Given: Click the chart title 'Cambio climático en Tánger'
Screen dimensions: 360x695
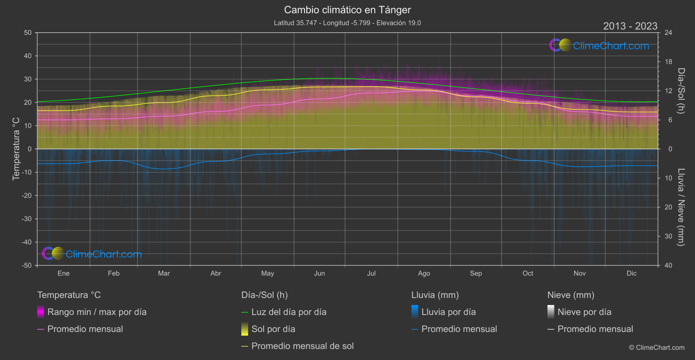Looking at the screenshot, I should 347,10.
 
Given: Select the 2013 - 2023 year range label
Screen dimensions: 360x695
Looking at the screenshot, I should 630,26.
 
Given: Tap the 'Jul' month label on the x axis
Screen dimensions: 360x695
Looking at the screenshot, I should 371,273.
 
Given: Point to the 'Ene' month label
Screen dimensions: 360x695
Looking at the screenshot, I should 64,273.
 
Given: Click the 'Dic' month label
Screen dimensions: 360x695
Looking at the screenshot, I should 631,273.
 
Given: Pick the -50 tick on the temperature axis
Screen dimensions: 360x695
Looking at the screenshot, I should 27,265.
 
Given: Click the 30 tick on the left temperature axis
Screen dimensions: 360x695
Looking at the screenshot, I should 28,79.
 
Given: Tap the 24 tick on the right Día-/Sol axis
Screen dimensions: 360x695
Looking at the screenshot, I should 668,33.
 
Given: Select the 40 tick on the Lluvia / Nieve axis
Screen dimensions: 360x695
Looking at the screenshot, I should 668,265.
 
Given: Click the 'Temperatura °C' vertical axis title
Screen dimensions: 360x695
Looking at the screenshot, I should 16,149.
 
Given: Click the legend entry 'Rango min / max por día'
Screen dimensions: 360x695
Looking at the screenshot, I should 96,312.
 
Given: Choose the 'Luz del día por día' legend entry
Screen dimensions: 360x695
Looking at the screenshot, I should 288,312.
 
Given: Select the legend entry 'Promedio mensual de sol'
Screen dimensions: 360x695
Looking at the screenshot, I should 302,346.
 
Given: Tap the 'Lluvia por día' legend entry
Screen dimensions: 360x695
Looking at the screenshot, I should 448,312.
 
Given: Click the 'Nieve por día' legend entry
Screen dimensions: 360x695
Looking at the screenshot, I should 584,312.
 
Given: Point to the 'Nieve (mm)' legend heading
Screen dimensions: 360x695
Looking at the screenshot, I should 571,295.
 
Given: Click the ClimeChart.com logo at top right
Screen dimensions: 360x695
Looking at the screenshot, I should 600,45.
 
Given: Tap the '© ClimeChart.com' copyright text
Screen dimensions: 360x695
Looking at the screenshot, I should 657,347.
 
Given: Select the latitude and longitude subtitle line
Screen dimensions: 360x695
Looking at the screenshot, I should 347,23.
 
